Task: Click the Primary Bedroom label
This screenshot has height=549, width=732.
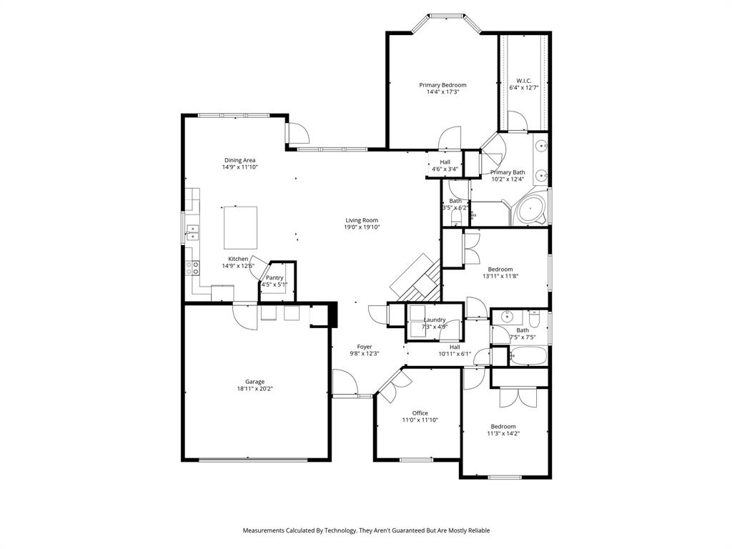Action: [x=442, y=85]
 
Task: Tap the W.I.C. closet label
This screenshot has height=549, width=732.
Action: [x=523, y=80]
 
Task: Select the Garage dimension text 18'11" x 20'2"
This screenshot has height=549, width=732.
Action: [x=255, y=390]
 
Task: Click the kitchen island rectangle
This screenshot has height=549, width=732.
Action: [x=240, y=227]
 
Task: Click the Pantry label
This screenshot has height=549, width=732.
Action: [x=274, y=277]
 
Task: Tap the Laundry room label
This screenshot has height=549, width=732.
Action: [x=435, y=320]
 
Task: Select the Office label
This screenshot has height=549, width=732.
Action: [x=420, y=413]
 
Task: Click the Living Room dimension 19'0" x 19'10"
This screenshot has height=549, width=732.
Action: [x=362, y=227]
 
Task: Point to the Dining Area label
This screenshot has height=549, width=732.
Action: [x=239, y=160]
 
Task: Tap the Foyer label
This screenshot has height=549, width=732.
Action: [x=365, y=347]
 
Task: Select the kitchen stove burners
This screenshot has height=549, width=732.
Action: [x=192, y=267]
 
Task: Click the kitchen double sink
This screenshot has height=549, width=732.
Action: [x=192, y=231]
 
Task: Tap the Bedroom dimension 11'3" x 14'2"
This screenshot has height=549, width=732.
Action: [x=503, y=433]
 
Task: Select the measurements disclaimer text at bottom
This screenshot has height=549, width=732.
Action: [x=366, y=530]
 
